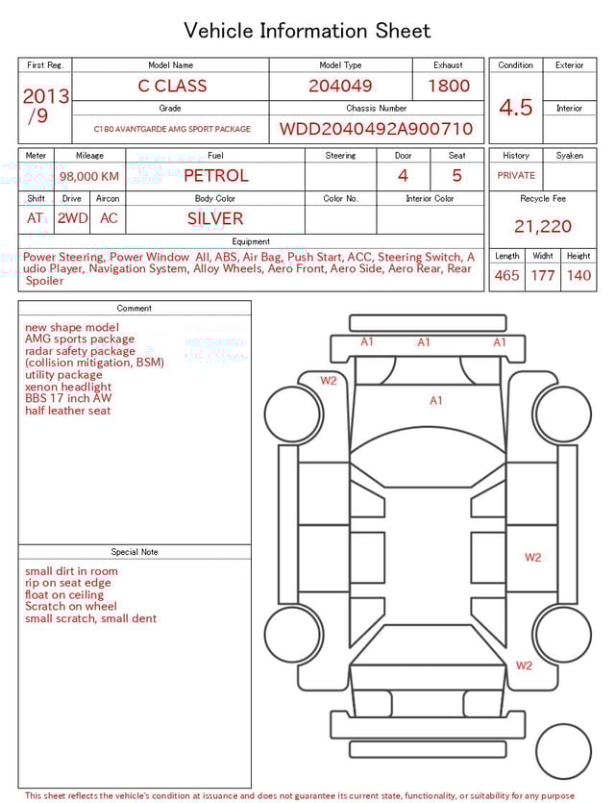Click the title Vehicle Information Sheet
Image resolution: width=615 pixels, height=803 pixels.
[x=307, y=31]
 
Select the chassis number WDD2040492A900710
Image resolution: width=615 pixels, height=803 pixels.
[x=376, y=129]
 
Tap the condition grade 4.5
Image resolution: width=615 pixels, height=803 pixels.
[x=516, y=108]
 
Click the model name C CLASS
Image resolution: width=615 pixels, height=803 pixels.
[x=172, y=86]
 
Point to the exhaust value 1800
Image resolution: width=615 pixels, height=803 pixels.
[x=448, y=86]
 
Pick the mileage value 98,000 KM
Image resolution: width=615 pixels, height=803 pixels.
[x=89, y=177]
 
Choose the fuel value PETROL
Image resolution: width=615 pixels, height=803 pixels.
[x=215, y=176]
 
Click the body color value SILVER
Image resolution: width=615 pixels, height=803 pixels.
[x=215, y=218]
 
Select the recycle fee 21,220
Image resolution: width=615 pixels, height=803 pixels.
[x=542, y=227]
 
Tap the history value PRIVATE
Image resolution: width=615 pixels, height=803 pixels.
[x=516, y=176]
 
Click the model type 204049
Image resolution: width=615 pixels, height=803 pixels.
[x=340, y=86]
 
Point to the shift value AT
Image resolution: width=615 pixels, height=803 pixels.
[x=36, y=218]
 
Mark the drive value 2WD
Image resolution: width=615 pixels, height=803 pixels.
[x=72, y=218]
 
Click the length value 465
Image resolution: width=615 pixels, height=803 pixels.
[x=506, y=276]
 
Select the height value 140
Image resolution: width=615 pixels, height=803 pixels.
[x=578, y=276]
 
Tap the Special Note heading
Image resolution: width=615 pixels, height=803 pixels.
[x=135, y=552]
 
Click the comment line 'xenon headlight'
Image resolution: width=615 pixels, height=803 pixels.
[x=68, y=387]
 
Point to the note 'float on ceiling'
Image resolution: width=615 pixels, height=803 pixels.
[x=64, y=594]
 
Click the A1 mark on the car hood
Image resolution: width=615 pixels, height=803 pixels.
[x=436, y=401]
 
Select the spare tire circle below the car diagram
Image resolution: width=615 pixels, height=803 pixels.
[x=563, y=751]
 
